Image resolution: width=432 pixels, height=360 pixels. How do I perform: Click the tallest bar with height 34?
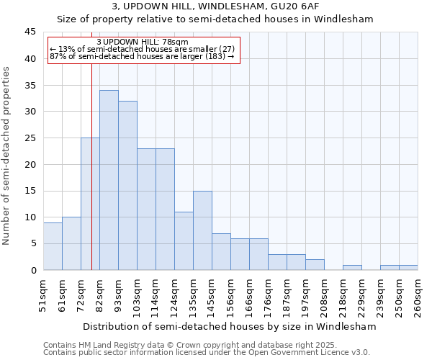click(x=109, y=180)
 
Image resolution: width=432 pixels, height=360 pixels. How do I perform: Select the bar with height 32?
click(x=127, y=185)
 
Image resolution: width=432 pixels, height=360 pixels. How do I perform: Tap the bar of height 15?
click(x=202, y=230)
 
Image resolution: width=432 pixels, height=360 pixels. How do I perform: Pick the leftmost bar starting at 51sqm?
click(x=53, y=246)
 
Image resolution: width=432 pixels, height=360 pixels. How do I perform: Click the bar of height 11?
click(x=184, y=240)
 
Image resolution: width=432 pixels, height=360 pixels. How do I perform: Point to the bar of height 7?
click(x=221, y=251)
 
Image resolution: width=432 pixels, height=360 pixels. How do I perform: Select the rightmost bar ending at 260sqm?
click(x=408, y=268)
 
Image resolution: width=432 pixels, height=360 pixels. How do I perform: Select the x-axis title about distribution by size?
click(x=230, y=327)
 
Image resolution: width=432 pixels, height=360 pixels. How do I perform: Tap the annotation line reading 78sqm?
click(x=142, y=42)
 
